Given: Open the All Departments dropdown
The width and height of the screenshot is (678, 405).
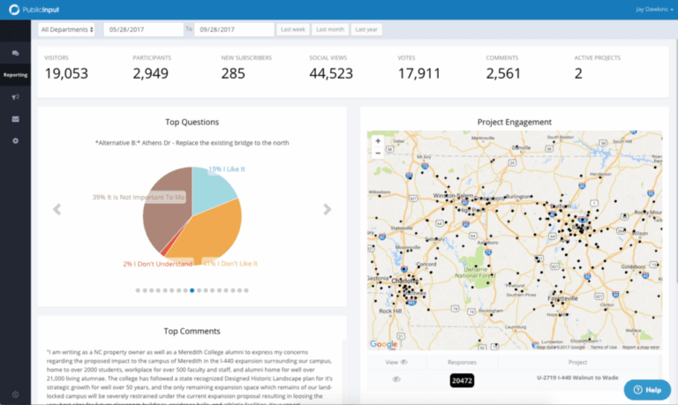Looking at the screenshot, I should (x=67, y=29).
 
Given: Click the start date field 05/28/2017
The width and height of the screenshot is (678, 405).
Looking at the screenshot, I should (x=142, y=29).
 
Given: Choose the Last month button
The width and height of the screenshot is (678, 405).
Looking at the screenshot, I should (x=329, y=29).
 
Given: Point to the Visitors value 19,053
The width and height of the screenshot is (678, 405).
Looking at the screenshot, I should (x=66, y=73).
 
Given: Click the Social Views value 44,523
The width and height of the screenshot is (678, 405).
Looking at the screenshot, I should (x=331, y=73).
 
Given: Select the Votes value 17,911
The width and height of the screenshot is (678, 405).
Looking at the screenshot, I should (x=419, y=73).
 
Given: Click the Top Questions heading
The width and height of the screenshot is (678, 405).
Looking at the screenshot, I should (x=192, y=122).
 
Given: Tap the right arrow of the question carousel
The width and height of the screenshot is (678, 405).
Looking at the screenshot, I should (x=327, y=209).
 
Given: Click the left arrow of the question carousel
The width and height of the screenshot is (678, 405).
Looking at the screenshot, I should (x=57, y=209).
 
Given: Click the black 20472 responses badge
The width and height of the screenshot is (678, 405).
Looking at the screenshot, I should (x=463, y=380).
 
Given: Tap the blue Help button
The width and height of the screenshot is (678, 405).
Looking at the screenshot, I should (x=646, y=389).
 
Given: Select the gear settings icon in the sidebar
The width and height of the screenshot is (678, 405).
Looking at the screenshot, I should (x=15, y=140).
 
